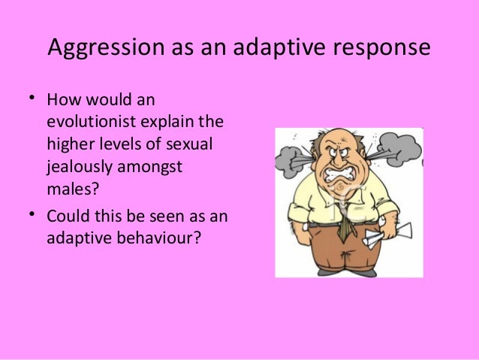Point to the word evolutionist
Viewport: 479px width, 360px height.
(92, 121)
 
